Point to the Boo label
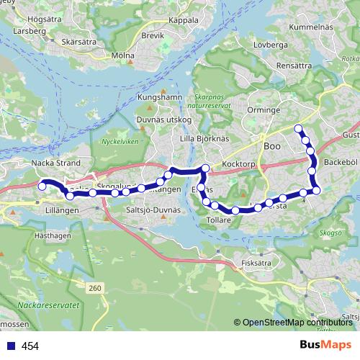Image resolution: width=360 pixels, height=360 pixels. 271,146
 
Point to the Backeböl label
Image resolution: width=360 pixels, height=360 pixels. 341,163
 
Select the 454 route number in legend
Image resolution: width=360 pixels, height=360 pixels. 30,346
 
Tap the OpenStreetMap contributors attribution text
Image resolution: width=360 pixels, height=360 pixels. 296,323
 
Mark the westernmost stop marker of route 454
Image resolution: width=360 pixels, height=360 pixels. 42,186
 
